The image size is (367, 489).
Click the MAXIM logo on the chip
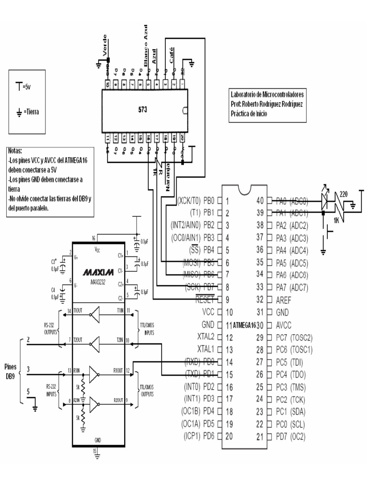coord(98,272)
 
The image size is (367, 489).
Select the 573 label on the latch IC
coord(142,109)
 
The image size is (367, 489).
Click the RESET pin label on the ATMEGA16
coord(206,300)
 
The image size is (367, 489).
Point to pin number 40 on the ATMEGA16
coord(260,201)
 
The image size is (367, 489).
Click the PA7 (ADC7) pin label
coord(295,287)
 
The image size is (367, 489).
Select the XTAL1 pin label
coord(206,350)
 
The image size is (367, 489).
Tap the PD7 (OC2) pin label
coord(294,436)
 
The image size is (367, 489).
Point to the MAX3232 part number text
coord(98,281)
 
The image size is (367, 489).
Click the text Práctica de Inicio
coord(248,114)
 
